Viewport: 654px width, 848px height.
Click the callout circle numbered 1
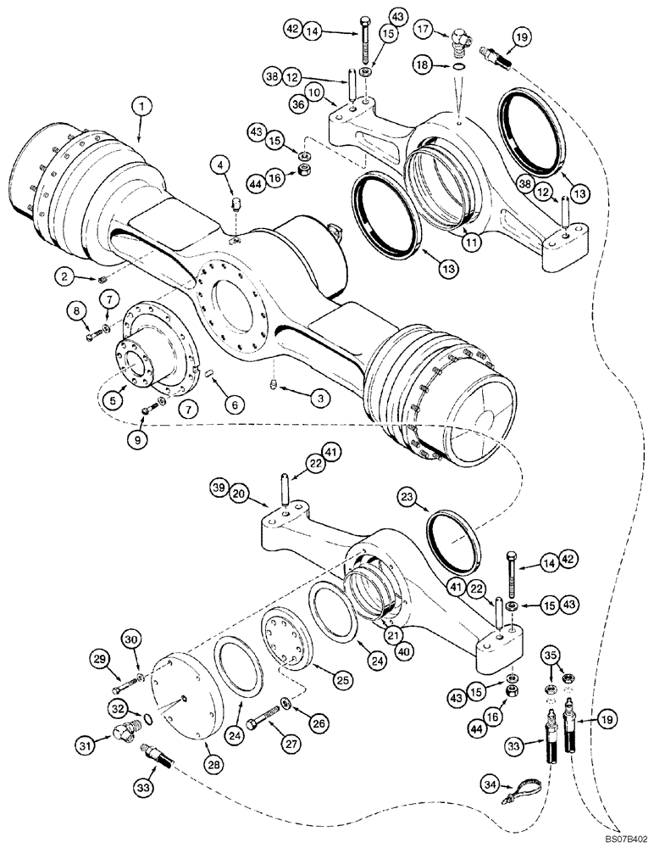tap(142, 107)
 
